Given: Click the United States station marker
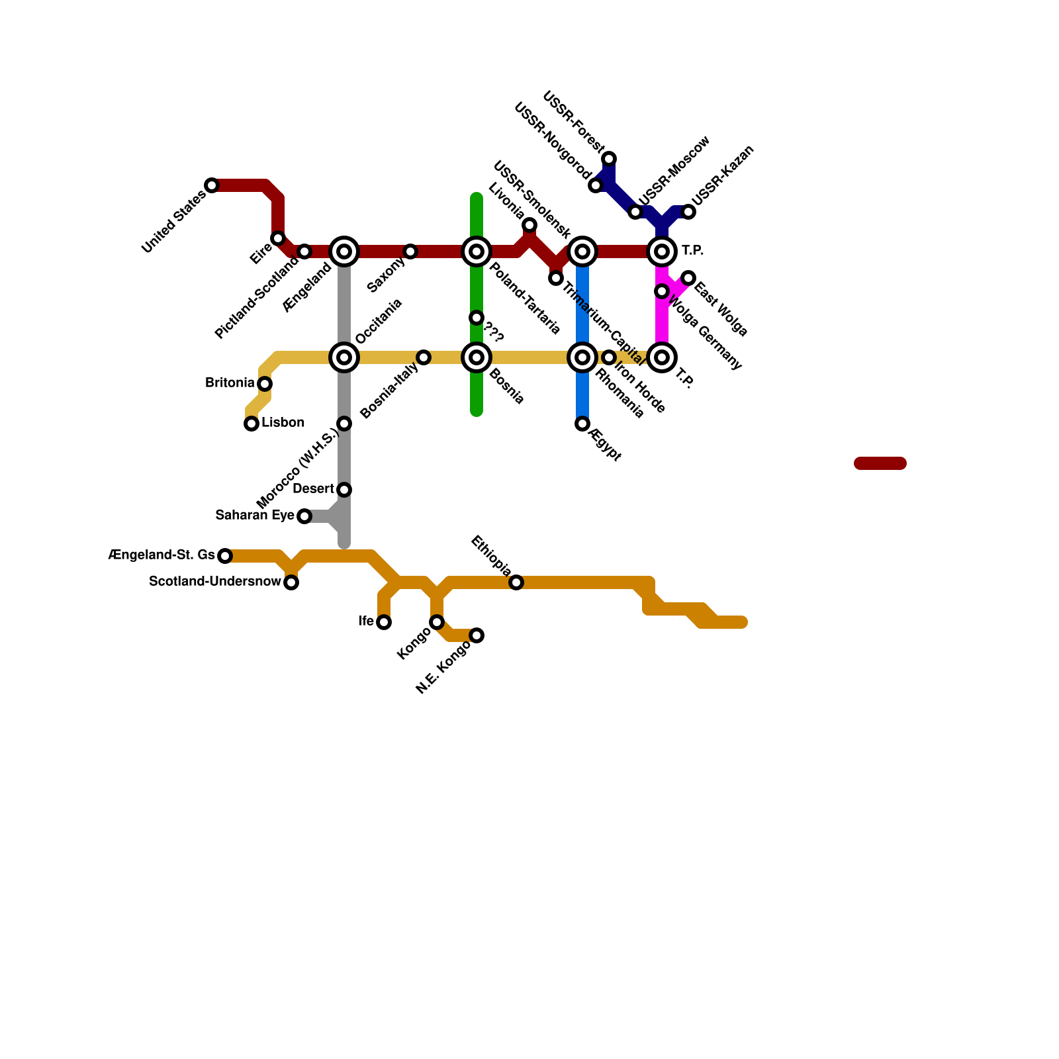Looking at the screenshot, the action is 212,185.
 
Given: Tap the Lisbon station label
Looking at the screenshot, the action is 283,423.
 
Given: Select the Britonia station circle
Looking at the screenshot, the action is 265,384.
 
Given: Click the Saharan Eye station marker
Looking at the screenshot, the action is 304,516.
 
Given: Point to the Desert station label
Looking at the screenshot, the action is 313,489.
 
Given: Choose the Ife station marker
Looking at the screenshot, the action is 384,622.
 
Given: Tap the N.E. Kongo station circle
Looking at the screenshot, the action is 477,635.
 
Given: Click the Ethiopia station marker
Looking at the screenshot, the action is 516,582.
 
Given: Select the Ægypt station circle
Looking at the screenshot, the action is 582,424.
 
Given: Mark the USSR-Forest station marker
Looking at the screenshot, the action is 609,159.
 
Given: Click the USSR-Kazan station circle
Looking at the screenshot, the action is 688,212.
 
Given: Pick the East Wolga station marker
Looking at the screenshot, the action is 688,278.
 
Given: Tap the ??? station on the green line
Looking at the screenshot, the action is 477,318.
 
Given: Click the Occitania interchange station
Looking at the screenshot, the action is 344,357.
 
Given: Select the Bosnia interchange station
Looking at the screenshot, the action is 477,357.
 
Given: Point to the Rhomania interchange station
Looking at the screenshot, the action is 582,357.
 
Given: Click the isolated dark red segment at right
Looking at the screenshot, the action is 880,463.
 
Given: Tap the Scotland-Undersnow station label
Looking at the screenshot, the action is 215,582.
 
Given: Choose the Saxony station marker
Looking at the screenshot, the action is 410,252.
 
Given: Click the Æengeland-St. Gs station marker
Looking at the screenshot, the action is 225,556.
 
